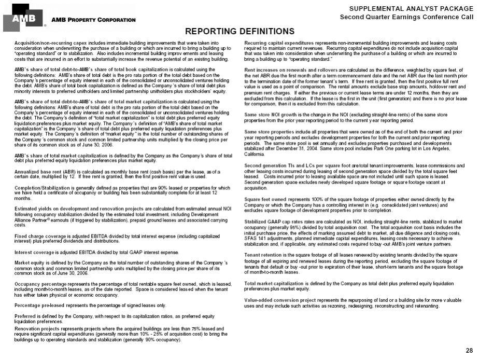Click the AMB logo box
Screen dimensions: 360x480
point(23,18)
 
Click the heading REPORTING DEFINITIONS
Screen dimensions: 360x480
point(239,32)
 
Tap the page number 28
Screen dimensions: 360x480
point(470,351)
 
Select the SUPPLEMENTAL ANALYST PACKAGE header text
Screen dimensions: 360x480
point(411,8)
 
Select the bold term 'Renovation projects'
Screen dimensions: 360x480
point(34,328)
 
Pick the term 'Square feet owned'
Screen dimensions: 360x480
point(265,199)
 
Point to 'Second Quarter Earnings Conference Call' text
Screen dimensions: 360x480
point(406,17)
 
